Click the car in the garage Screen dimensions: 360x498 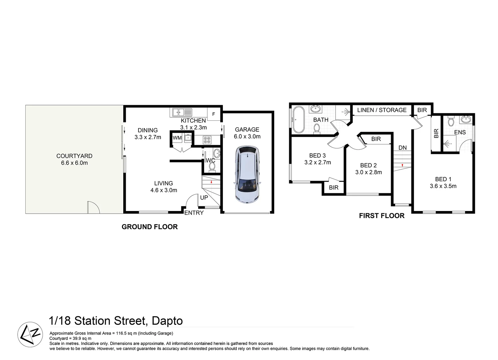248,175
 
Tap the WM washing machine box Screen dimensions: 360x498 177,138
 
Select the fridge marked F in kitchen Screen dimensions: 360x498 214,114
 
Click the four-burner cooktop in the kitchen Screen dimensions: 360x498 207,140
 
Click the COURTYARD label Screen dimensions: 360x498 74,156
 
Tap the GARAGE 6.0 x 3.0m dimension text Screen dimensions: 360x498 247,137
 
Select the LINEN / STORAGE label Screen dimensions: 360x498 382,110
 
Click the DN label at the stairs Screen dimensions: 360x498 402,148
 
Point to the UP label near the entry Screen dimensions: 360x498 204,197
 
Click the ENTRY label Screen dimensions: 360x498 194,213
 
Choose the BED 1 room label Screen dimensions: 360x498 443,179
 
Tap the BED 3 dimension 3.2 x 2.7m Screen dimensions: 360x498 317,163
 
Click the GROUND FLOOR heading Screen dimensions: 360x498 150,227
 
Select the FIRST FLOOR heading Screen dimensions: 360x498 382,216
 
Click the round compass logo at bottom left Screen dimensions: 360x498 30,335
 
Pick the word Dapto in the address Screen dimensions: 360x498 167,321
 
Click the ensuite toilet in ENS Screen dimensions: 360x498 451,121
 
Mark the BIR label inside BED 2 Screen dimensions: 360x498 376,139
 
